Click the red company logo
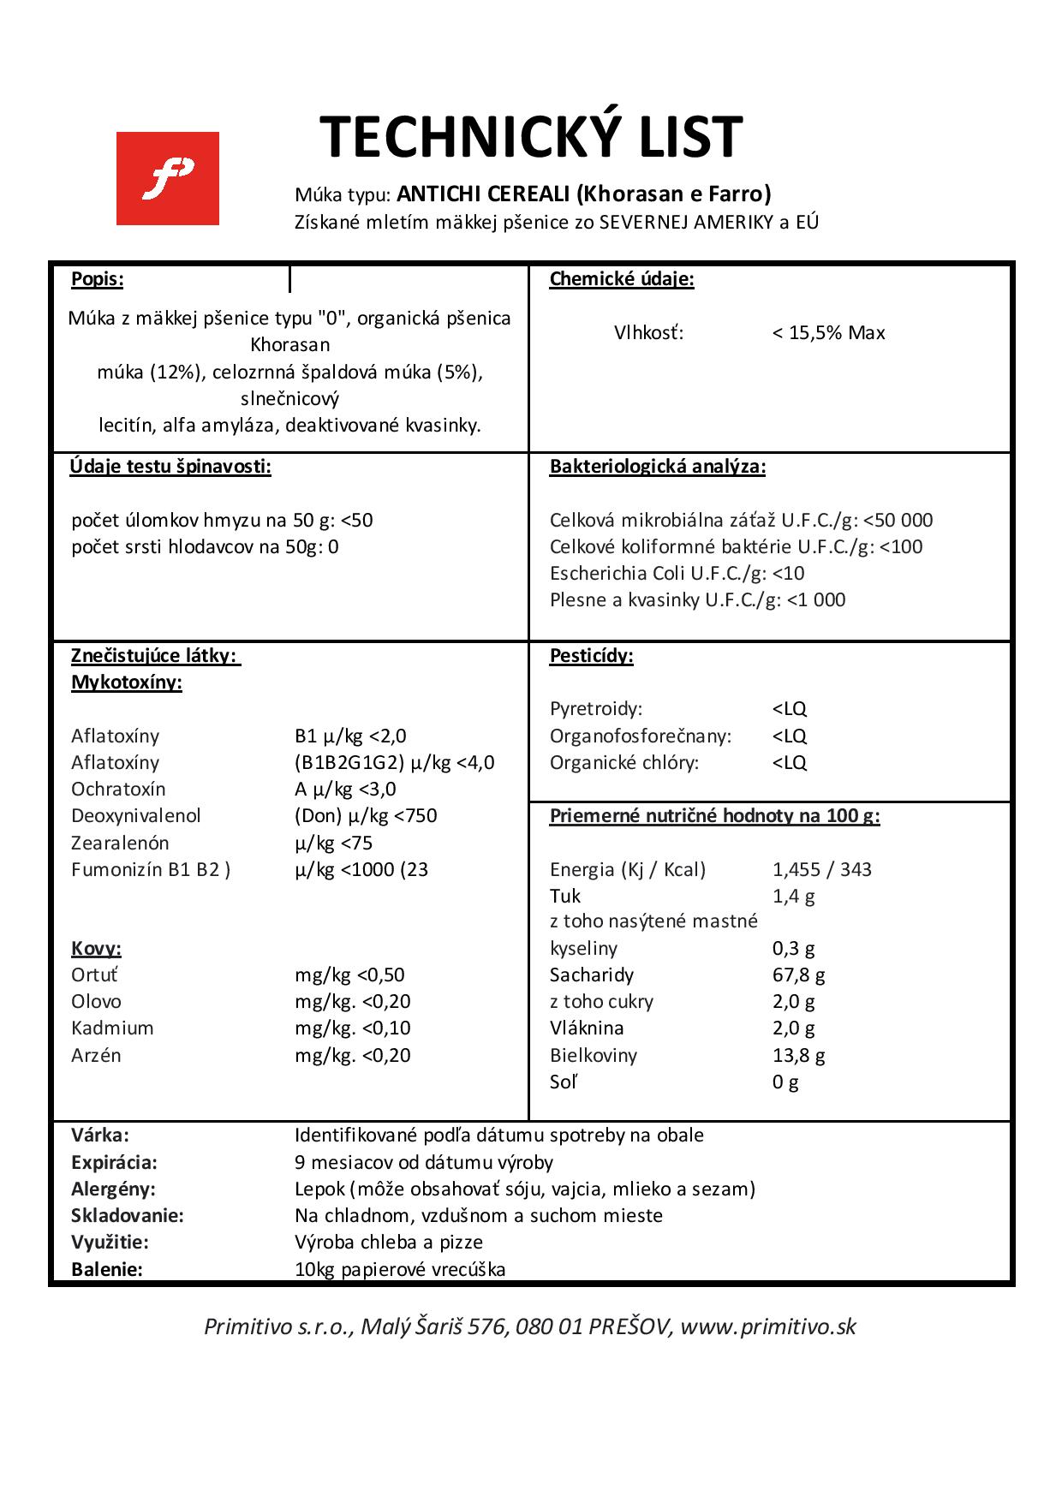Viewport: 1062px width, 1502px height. [167, 178]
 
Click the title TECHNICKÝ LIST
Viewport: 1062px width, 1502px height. [531, 137]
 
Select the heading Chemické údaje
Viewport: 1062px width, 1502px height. [622, 279]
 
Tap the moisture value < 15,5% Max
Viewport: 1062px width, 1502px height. [828, 333]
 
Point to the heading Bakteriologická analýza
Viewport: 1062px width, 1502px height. [657, 467]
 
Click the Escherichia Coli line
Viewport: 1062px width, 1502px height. [677, 574]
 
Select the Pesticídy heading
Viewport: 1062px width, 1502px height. [591, 657]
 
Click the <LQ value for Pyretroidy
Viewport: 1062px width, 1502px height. [789, 709]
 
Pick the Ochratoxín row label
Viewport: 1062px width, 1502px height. [118, 790]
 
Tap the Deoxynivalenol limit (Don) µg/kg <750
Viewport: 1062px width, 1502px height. [366, 816]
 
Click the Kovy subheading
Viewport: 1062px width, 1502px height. [96, 949]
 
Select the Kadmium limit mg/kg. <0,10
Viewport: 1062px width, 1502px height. [352, 1028]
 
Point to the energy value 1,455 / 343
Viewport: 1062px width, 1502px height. [821, 870]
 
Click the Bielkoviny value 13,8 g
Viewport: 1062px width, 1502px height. [798, 1056]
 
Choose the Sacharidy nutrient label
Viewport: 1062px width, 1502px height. [591, 975]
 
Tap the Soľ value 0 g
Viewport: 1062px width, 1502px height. [785, 1082]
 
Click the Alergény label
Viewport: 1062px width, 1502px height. [113, 1189]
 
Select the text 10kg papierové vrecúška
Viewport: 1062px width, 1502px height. [400, 1270]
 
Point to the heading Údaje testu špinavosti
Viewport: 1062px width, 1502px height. [170, 467]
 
